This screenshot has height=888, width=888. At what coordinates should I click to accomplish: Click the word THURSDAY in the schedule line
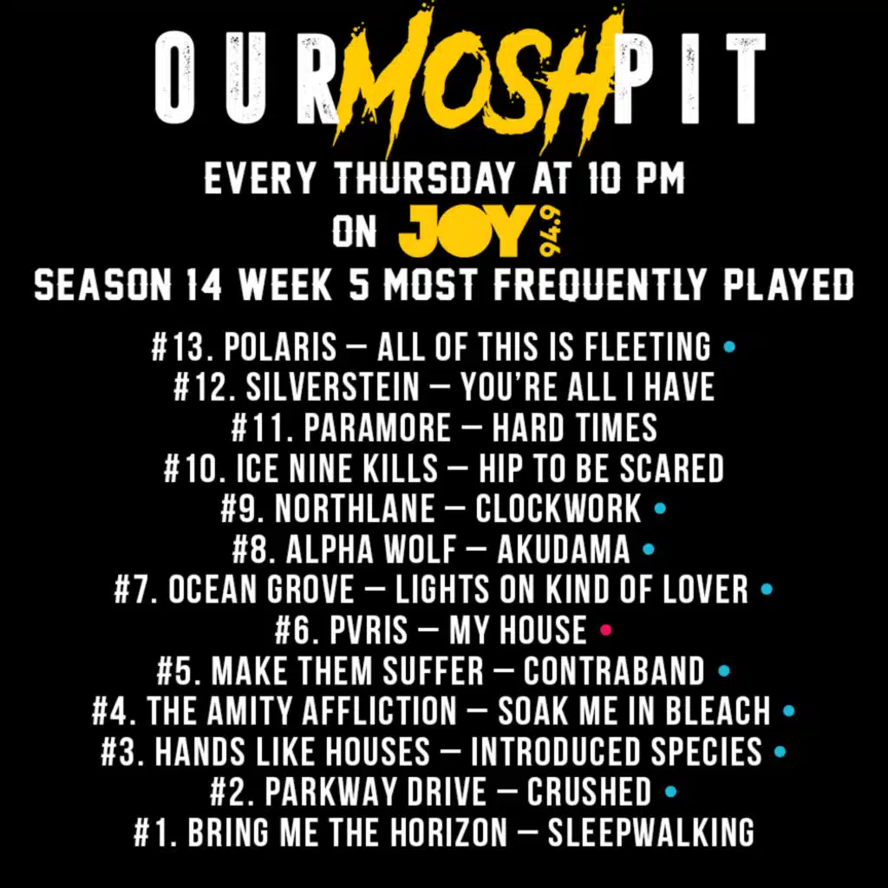click(x=425, y=178)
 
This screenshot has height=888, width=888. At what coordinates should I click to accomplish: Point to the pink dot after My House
click(x=606, y=630)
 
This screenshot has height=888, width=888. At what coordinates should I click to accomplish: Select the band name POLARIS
click(x=280, y=347)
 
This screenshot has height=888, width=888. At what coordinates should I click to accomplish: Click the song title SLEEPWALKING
click(x=650, y=832)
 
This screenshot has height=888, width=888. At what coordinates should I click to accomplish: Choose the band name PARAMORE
click(x=377, y=428)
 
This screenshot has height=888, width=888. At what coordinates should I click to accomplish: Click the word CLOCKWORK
click(x=558, y=508)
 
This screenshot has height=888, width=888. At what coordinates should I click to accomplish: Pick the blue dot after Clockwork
click(x=660, y=508)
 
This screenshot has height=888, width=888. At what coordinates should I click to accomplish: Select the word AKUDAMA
click(x=564, y=549)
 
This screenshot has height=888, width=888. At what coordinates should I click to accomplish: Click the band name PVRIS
click(x=368, y=630)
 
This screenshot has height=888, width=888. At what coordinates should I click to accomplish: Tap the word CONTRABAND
click(x=614, y=670)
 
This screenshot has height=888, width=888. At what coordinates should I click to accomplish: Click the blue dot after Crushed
click(x=670, y=791)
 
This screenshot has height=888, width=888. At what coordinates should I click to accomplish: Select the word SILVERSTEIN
click(x=333, y=388)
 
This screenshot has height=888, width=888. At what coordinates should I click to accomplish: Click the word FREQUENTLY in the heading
click(x=600, y=284)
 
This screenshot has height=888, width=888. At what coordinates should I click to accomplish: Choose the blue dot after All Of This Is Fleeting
click(x=729, y=346)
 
